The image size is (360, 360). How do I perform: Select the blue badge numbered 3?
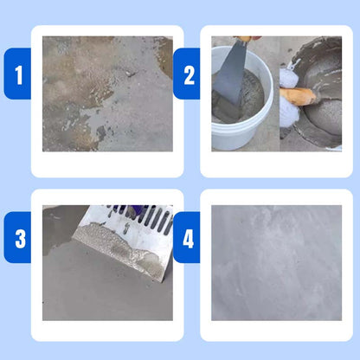point(17,236)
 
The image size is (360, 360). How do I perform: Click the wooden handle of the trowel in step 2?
point(301,95)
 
